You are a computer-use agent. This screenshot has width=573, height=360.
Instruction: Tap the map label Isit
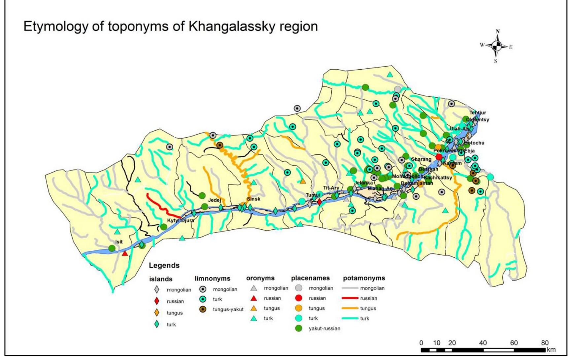[x=119, y=242]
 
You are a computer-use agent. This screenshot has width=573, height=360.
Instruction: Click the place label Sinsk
[x=253, y=199]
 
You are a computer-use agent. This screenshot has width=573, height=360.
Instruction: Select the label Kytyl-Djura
[x=181, y=220]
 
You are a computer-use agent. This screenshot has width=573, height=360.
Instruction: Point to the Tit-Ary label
[x=331, y=188]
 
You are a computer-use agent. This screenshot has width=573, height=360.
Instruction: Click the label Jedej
[x=214, y=200]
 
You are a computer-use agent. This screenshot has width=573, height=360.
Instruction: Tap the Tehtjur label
[x=478, y=113]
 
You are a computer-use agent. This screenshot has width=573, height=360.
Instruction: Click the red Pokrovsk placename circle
[x=439, y=157]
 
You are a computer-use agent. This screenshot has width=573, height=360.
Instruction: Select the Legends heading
[x=164, y=265]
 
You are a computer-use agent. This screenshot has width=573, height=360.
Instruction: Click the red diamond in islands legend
[x=157, y=301]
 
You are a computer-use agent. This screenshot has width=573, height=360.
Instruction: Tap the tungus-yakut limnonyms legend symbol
[x=203, y=310]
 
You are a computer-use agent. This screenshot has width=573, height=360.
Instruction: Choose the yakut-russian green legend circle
[x=298, y=328]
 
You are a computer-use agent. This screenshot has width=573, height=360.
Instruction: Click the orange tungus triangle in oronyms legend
[x=253, y=308]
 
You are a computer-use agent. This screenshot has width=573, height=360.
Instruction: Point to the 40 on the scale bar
[x=483, y=343]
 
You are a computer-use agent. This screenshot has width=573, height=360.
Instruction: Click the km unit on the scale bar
[x=551, y=350]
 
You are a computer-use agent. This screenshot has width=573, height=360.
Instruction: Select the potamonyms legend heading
[x=364, y=278]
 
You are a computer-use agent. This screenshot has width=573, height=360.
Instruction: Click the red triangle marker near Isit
[x=125, y=253]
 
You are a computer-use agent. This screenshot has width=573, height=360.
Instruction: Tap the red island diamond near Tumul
[x=320, y=202]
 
